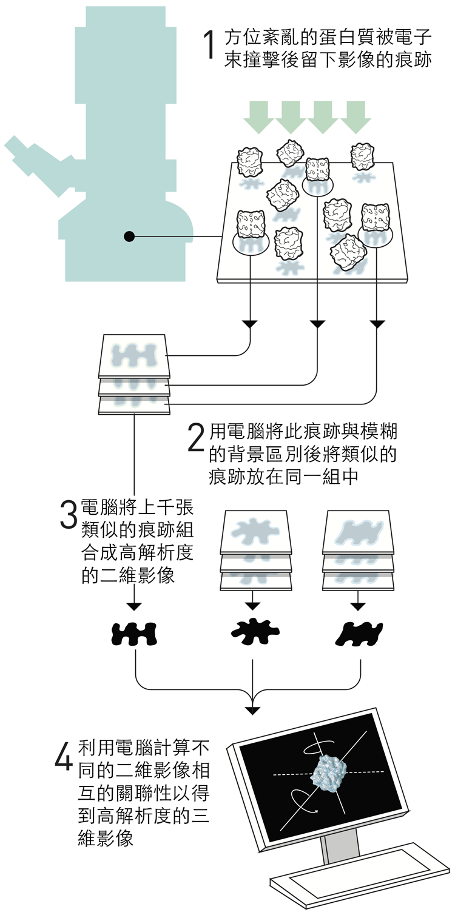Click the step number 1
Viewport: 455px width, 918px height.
pos(208,45)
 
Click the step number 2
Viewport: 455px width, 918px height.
pos(196,438)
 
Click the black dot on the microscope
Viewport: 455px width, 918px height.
pos(129,236)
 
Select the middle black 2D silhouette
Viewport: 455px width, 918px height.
pos(254,632)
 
